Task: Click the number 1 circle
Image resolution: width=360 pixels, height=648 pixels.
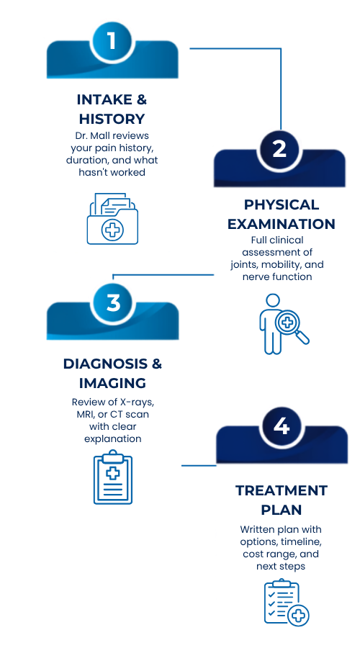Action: [x=112, y=41]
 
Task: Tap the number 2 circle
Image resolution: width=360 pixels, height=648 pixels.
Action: [x=279, y=149]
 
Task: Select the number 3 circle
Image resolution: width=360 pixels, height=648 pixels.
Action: [x=113, y=302]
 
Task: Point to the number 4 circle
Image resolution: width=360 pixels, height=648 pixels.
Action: [x=281, y=426]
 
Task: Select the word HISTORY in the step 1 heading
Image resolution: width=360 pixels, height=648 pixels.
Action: [x=112, y=119]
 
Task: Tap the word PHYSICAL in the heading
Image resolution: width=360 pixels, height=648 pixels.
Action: [x=281, y=204]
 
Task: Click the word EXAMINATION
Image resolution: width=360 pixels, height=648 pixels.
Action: [x=281, y=224]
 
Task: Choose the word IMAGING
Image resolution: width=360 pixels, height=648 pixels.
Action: [x=112, y=383]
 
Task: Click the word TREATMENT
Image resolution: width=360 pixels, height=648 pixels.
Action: [x=282, y=490]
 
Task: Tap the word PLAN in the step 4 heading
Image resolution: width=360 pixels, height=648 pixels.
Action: [x=281, y=510]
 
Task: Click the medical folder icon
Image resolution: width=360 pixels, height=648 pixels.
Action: [x=112, y=219]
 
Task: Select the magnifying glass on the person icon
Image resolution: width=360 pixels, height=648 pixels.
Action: [x=292, y=326]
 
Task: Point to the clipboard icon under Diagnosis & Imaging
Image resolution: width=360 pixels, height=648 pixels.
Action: [x=113, y=477]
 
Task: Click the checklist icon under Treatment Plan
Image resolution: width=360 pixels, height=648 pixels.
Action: [x=287, y=602]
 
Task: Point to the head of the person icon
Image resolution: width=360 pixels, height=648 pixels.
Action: [x=273, y=300]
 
